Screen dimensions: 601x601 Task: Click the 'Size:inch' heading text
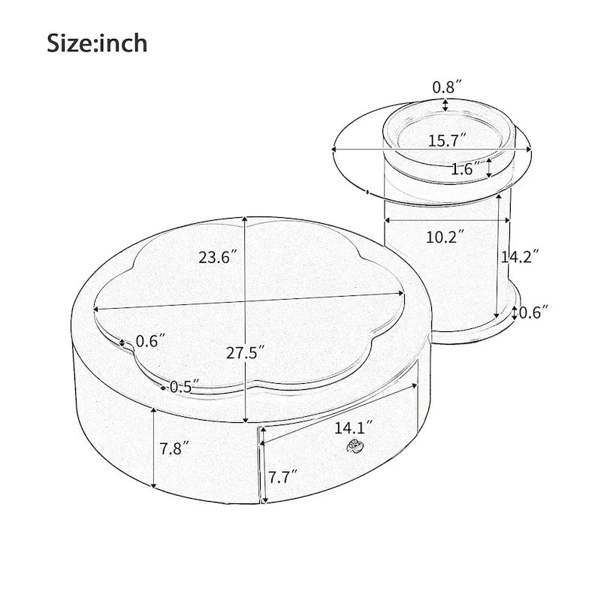(x=98, y=42)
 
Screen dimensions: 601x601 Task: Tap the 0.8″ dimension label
(x=446, y=87)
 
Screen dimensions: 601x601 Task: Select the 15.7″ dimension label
(x=448, y=140)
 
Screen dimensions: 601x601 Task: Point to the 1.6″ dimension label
(x=466, y=170)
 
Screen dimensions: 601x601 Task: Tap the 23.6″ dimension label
(x=219, y=257)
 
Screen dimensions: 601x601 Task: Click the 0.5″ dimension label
(x=183, y=387)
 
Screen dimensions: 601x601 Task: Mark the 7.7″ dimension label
(x=282, y=476)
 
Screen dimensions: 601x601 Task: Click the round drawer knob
(x=352, y=447)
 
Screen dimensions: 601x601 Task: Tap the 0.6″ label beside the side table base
(x=534, y=313)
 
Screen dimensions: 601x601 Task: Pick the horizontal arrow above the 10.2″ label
(x=447, y=221)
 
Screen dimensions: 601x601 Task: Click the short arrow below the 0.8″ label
(x=446, y=104)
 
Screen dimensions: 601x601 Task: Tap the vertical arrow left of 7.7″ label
(x=262, y=466)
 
